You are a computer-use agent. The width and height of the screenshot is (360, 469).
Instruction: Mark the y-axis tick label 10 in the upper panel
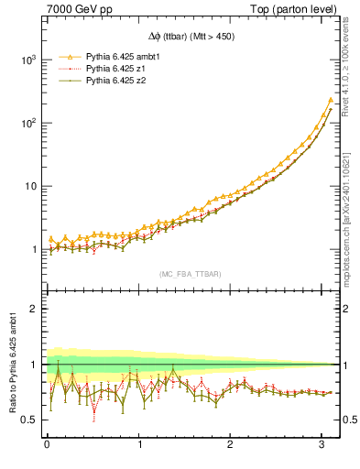(x=31, y=186)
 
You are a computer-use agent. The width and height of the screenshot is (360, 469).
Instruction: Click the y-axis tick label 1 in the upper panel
(x=35, y=250)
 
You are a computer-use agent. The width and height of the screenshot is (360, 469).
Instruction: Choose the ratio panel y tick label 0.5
(x=29, y=420)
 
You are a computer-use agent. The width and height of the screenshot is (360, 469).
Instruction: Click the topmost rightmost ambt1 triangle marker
(x=330, y=100)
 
